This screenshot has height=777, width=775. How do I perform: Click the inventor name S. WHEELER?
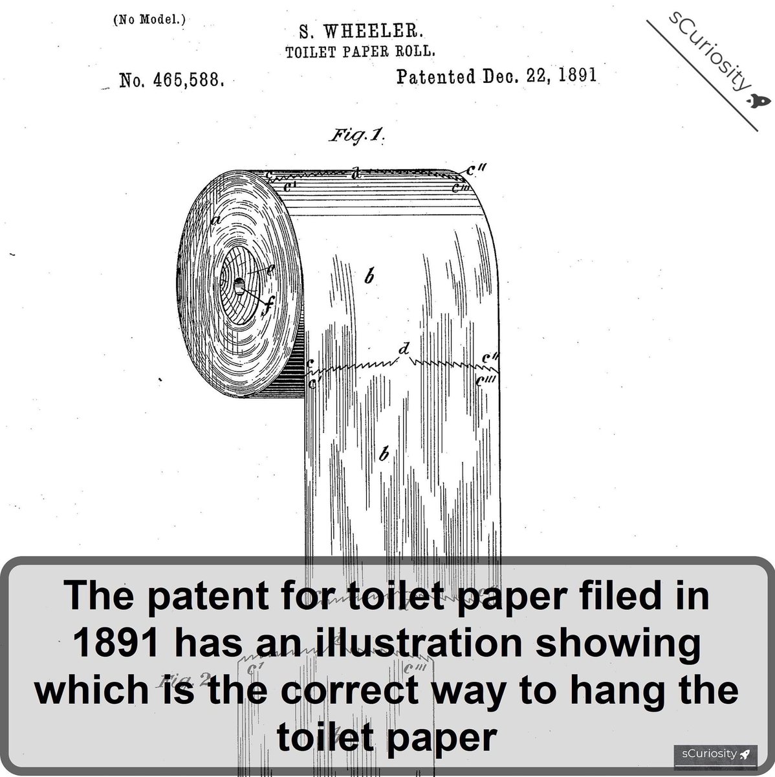360,31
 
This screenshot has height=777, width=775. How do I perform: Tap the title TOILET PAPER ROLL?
355,51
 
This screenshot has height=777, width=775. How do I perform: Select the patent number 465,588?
187,81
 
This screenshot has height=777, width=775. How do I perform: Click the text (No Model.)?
149,19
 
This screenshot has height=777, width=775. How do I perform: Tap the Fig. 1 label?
358,137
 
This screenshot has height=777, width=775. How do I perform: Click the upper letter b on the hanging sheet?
369,278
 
